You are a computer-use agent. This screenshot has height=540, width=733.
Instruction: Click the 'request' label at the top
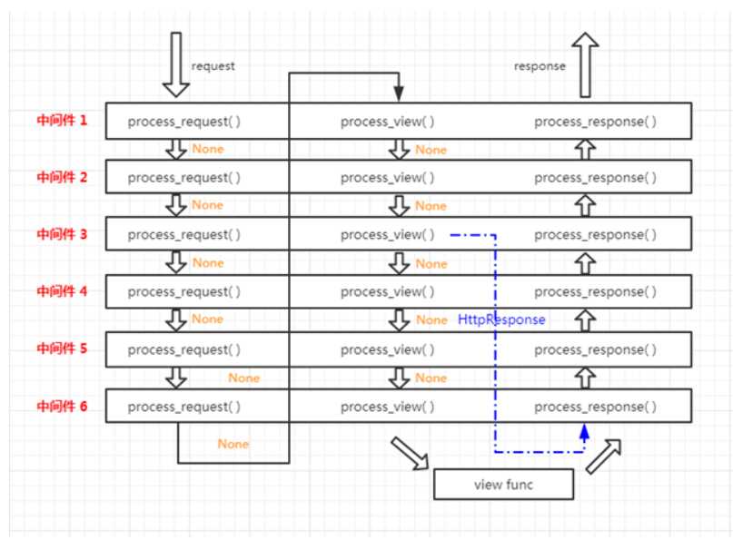[x=213, y=66]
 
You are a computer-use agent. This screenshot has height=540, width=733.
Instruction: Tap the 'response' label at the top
[x=540, y=66]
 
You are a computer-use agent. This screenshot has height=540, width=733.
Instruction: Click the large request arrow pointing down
[x=176, y=64]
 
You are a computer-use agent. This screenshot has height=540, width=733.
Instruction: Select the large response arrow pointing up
[x=585, y=64]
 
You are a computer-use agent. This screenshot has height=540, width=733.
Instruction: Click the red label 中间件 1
[x=62, y=121]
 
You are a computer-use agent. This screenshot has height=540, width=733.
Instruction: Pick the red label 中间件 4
[x=62, y=291]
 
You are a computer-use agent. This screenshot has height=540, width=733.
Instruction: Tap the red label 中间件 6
[x=62, y=407]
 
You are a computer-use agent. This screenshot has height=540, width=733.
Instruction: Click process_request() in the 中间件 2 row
[x=184, y=178]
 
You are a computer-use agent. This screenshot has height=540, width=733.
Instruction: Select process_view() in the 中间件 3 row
[x=388, y=235]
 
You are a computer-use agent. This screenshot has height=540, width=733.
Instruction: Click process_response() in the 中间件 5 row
[x=596, y=350]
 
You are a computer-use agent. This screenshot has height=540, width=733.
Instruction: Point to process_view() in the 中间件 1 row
[x=388, y=122]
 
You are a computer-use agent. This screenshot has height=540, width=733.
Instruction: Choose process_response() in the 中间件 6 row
[x=596, y=407]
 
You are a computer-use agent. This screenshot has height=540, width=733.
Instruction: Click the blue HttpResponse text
[x=501, y=319]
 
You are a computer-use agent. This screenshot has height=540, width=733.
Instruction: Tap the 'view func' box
[x=503, y=485]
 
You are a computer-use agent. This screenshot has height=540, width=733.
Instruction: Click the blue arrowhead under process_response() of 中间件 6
[x=584, y=432]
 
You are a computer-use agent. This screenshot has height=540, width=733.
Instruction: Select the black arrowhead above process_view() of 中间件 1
[x=399, y=93]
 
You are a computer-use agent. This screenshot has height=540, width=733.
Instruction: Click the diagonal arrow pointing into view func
[x=410, y=453]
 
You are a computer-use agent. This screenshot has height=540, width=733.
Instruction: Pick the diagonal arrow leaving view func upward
[x=603, y=457]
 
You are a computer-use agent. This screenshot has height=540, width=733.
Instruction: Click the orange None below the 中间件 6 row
[x=233, y=444]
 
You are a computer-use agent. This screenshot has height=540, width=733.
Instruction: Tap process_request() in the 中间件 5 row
[x=184, y=350]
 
